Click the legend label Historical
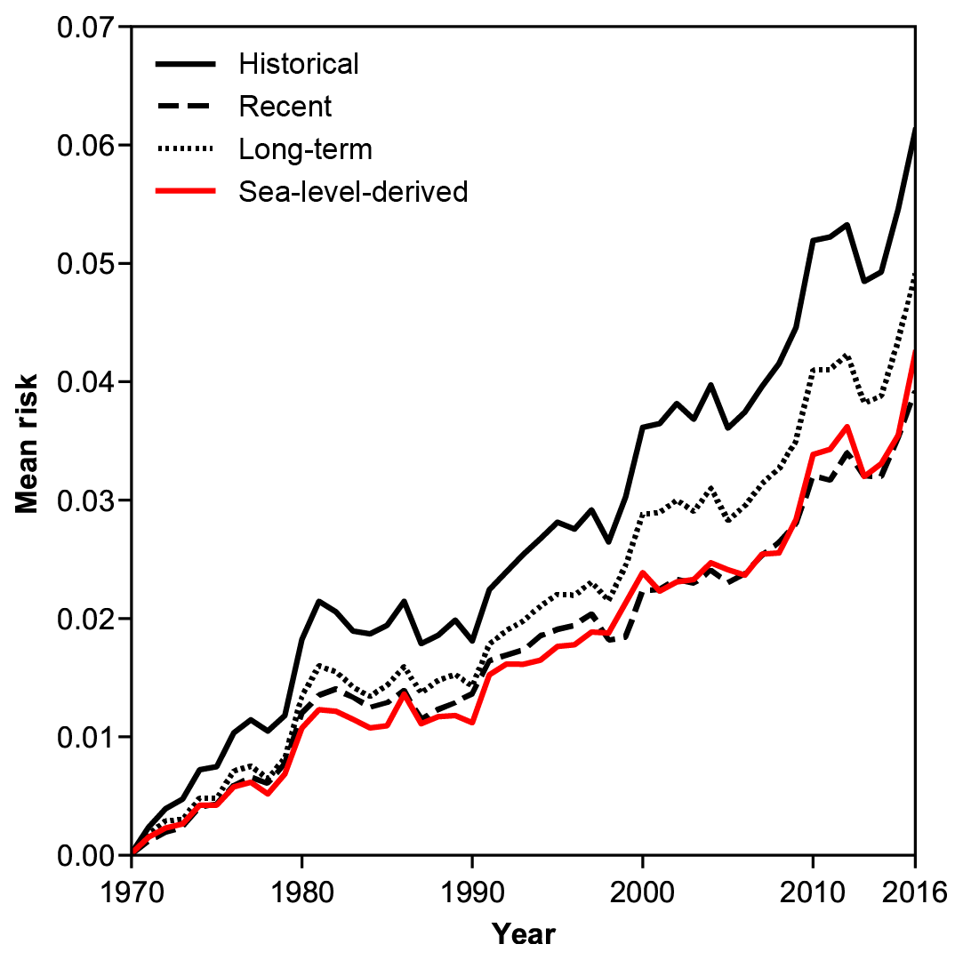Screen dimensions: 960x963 click(299, 64)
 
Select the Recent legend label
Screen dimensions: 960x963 click(285, 107)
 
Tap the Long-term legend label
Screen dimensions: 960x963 click(305, 148)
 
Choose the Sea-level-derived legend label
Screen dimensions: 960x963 click(353, 191)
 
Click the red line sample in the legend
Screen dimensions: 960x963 click(185, 191)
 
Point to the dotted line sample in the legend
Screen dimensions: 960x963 click(185, 148)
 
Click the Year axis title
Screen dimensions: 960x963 click(524, 934)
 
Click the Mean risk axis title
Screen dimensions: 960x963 click(27, 442)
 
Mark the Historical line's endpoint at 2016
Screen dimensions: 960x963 click(914, 128)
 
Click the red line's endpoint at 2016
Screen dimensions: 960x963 click(914, 352)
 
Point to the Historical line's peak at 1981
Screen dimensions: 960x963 click(318, 601)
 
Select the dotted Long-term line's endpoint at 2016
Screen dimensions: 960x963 click(914, 274)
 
